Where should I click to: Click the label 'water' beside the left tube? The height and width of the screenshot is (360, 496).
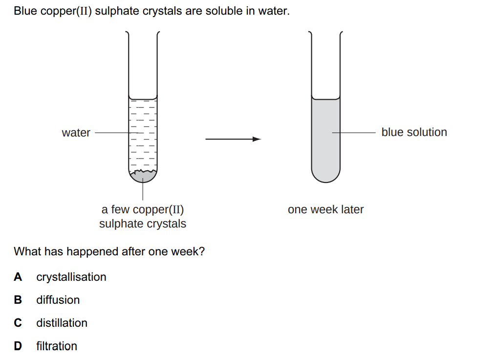(x=76, y=133)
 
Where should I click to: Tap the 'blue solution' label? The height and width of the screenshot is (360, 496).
(x=414, y=132)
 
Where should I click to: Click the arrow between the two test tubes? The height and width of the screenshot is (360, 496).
(x=233, y=139)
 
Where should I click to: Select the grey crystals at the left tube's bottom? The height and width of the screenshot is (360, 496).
(x=142, y=177)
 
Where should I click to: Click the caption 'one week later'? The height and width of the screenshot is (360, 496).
(x=325, y=209)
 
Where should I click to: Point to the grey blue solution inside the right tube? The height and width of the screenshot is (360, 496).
(x=325, y=147)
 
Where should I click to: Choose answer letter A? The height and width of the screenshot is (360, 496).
(x=18, y=277)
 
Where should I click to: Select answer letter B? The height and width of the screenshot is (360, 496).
(x=18, y=300)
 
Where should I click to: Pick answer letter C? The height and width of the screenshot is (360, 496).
(x=18, y=323)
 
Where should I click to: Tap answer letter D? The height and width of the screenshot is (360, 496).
(x=18, y=346)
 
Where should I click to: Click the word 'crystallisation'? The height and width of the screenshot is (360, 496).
(x=71, y=277)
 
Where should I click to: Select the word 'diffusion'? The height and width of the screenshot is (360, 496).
(x=58, y=300)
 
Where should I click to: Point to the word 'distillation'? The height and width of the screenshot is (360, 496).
(x=62, y=323)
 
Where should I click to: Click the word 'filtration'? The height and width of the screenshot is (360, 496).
(x=57, y=346)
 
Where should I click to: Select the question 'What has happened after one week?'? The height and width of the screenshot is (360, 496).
(x=109, y=251)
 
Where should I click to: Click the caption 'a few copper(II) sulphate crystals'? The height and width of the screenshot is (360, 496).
(x=143, y=217)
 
